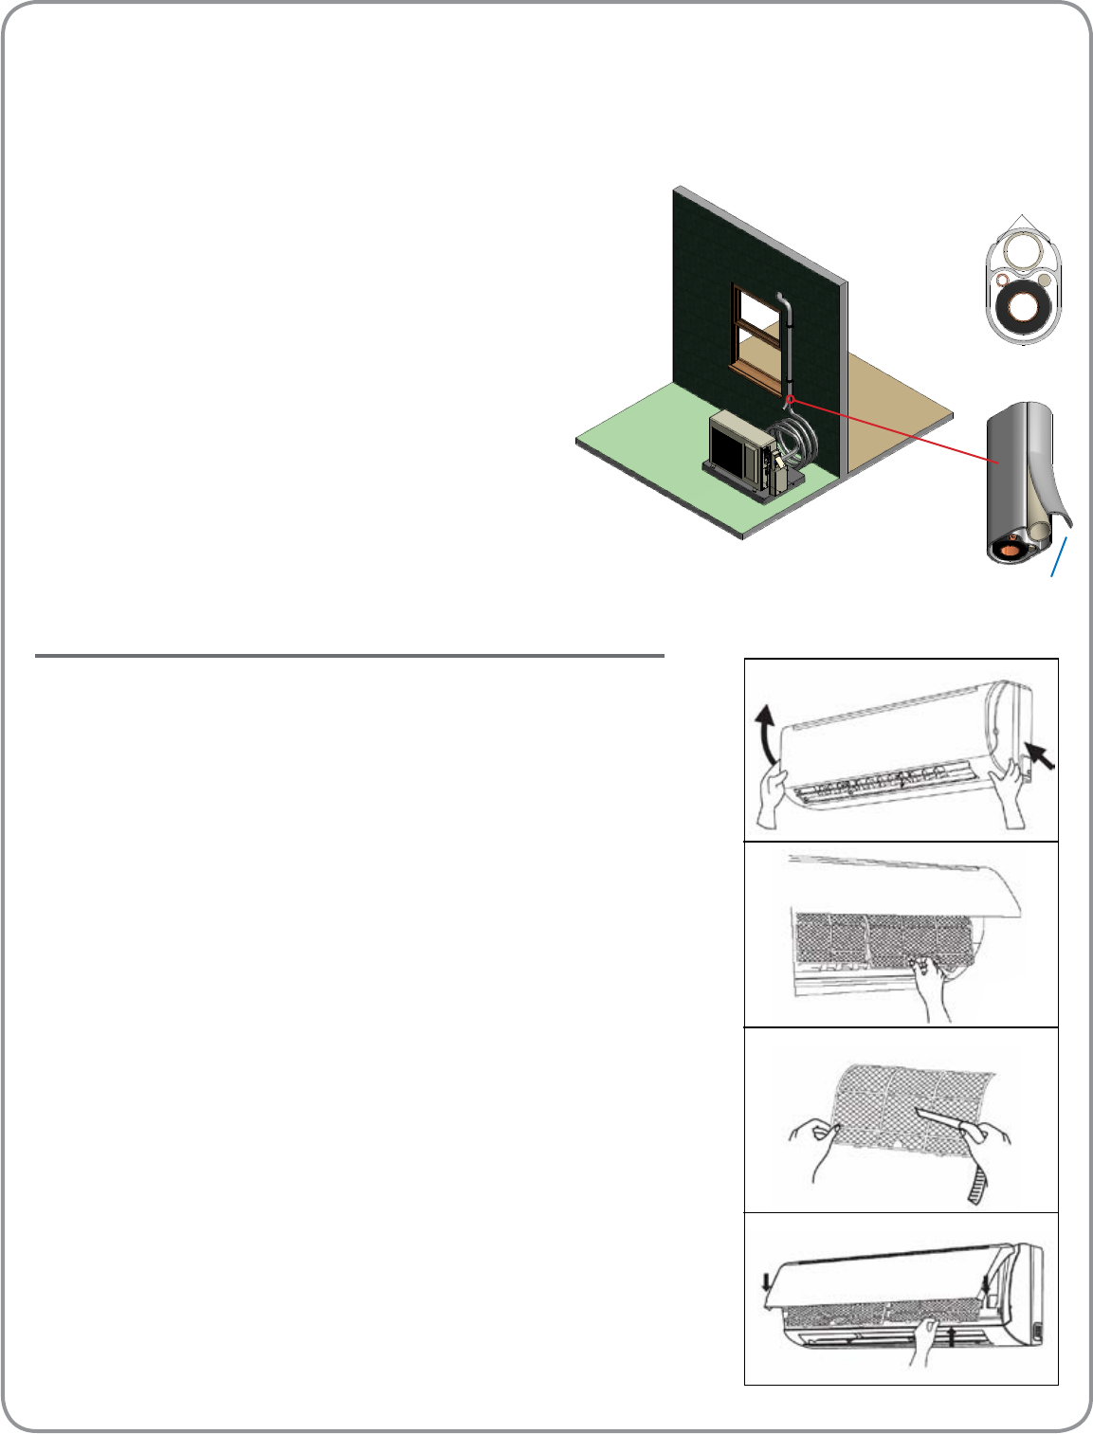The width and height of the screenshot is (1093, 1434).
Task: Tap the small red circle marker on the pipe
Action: point(790,399)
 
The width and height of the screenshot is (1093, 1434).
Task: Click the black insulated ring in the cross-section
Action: point(1022,308)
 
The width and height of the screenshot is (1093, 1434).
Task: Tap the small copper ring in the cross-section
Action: point(1001,281)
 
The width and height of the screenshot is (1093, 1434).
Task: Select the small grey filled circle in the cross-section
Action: point(1043,280)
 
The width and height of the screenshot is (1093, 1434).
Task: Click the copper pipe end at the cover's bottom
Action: point(1011,544)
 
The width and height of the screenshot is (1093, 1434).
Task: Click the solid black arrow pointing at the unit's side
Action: point(1040,755)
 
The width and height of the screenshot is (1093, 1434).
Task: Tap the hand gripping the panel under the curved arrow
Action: point(774,797)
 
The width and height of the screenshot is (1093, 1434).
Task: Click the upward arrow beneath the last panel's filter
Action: point(953,1337)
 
